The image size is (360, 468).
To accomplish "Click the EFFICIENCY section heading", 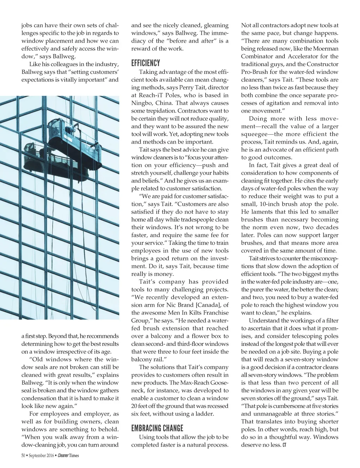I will coord(145,63).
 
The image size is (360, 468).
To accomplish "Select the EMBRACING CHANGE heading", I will coord(157,428).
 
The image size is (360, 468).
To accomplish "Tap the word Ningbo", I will coord(142,103).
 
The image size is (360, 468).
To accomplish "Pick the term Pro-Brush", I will coord(256,72).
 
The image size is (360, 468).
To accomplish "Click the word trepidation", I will coord(152,111).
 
